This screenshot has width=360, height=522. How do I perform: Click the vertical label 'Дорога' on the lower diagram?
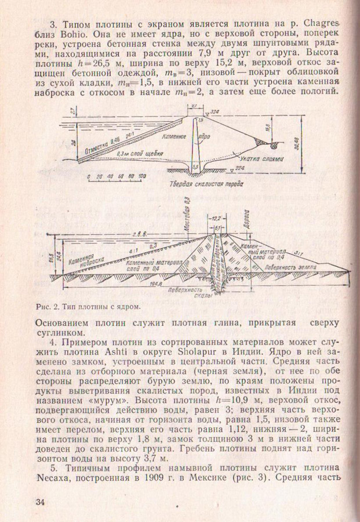[246, 221]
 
